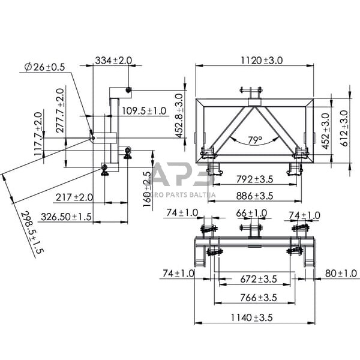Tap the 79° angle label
coord(255,140)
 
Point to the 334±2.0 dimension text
coord(113,61)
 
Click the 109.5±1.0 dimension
coord(144,110)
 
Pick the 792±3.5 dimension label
coord(254,178)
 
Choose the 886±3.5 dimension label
coord(254,196)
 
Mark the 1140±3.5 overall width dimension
coord(254,317)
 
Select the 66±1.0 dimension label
coord(251,214)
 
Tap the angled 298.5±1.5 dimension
coord(33,233)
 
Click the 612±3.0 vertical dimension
coord(344,125)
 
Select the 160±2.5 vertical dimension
coord(148,188)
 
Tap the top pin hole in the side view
coord(128,90)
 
